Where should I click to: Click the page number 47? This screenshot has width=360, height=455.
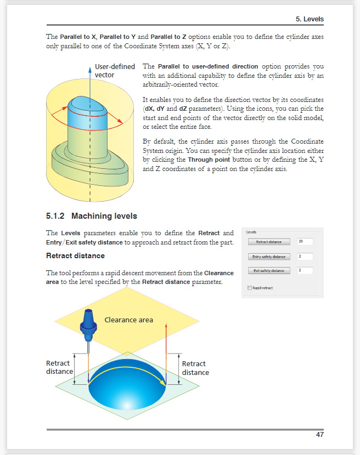tap(319, 435)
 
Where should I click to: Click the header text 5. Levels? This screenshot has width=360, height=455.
tap(310, 19)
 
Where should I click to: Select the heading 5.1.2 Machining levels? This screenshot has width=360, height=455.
tap(92, 215)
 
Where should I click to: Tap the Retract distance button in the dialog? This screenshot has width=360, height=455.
tap(269, 242)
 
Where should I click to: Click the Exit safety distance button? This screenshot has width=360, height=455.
tap(269, 271)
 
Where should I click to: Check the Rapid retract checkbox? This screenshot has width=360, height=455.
tap(250, 288)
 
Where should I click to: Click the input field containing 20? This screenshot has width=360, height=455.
tap(305, 242)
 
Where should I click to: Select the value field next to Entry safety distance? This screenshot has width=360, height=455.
tap(305, 257)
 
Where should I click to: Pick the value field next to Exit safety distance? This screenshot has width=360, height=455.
tap(305, 271)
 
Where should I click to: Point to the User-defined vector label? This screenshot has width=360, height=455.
tap(115, 70)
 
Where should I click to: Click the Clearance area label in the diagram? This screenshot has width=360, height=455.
tap(128, 320)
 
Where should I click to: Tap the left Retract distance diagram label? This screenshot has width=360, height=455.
tap(59, 367)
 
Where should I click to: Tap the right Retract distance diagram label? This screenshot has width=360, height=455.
tap(195, 368)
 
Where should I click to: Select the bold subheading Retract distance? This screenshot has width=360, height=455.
tap(75, 255)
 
